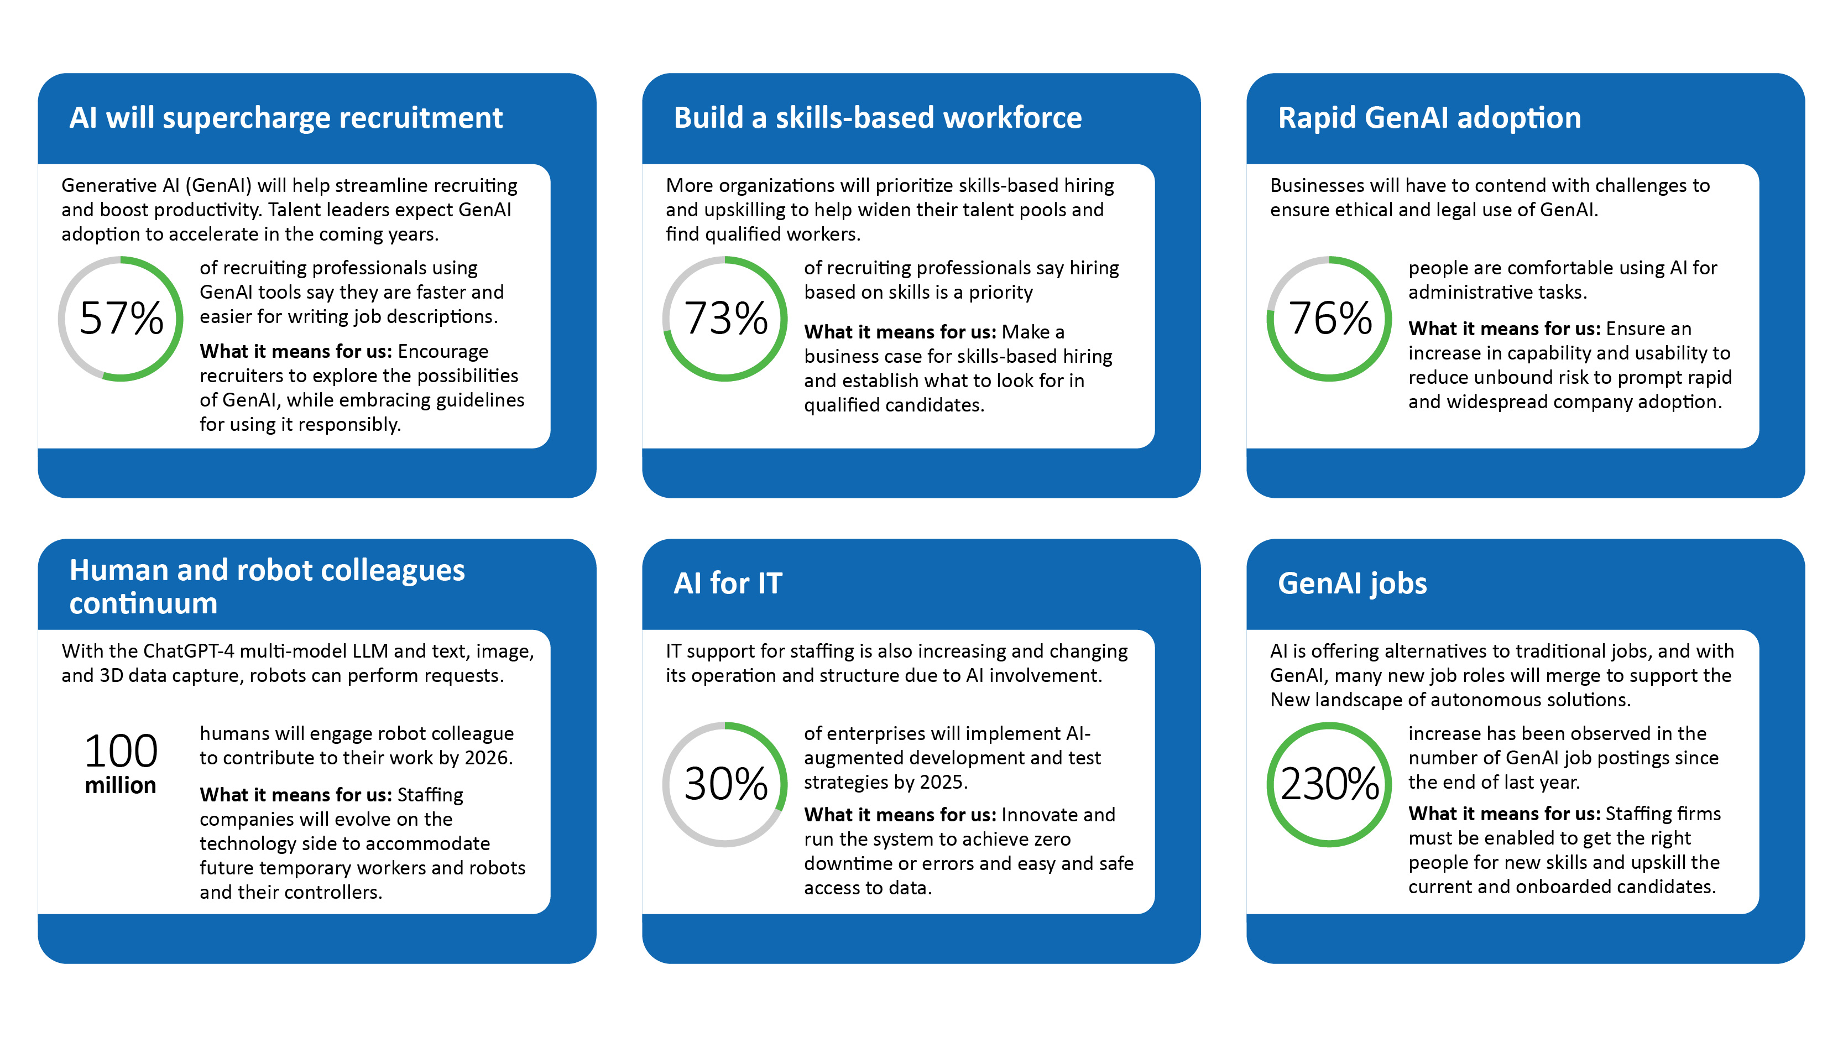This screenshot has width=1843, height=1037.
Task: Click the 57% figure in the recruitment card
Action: (x=121, y=319)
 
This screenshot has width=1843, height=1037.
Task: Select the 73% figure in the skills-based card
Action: (x=725, y=319)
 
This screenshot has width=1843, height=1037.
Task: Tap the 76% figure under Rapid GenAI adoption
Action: (x=1329, y=319)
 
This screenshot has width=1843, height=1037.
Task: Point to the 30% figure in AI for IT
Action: (x=725, y=784)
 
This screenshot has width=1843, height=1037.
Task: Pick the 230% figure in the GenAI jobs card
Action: (x=1329, y=784)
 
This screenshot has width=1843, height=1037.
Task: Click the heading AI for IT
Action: (x=728, y=583)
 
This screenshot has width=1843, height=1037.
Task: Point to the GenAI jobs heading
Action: (x=1351, y=583)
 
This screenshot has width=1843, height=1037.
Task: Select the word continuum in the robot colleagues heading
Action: (x=143, y=603)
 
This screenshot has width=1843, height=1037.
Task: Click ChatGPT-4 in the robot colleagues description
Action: (x=189, y=652)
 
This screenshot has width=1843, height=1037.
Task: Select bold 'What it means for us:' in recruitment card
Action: (x=295, y=351)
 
